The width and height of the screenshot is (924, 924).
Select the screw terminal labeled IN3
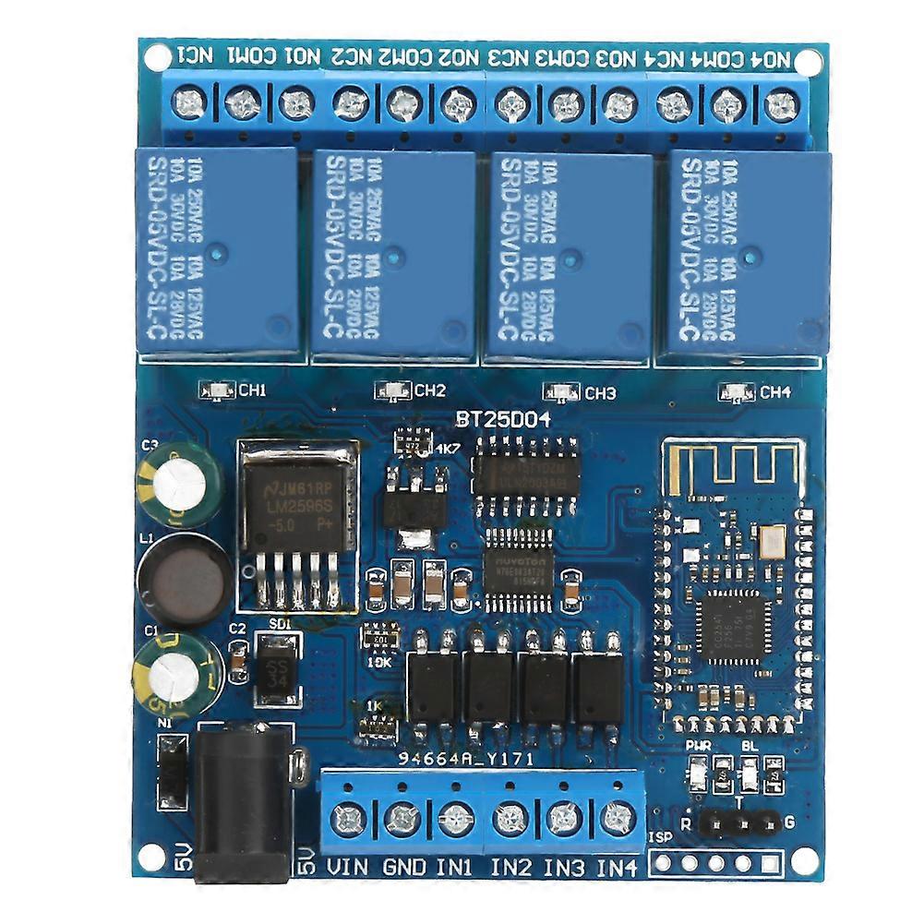click(562, 819)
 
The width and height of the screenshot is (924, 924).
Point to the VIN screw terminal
click(349, 819)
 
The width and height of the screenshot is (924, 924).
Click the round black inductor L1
click(183, 579)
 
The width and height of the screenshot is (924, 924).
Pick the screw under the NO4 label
click(781, 103)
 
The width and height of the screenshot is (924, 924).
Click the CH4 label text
click(775, 392)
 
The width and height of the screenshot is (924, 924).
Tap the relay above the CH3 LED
click(569, 254)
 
